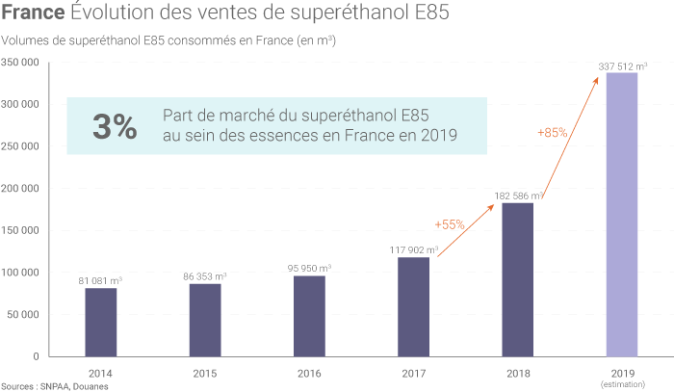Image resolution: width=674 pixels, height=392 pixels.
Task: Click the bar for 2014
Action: [x=101, y=322]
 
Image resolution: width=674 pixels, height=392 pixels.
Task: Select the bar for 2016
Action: [x=309, y=316]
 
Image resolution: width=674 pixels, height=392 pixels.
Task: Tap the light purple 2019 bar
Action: [x=621, y=214]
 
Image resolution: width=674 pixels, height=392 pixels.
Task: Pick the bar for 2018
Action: [x=518, y=279]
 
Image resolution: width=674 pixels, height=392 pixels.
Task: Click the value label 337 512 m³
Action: [x=622, y=65]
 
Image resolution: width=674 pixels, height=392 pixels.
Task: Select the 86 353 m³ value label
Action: [x=205, y=276]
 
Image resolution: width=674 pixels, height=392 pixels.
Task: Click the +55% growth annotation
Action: [x=450, y=224]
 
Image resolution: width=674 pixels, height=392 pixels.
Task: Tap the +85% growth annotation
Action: [x=552, y=132]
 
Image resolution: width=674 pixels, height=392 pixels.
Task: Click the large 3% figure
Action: [x=114, y=126]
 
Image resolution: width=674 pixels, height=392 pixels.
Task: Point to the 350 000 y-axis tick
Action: [x=19, y=63]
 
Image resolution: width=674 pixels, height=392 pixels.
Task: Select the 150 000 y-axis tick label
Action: [x=19, y=230]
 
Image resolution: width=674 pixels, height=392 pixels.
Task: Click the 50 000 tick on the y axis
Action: [x=22, y=314]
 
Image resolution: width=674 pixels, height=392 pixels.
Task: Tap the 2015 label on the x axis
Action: [x=205, y=371]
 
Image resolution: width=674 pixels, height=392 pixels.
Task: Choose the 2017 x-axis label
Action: [x=414, y=371]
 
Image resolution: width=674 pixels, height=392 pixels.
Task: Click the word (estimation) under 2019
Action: [x=621, y=384]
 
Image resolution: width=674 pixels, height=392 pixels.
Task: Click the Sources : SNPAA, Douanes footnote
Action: [x=55, y=385]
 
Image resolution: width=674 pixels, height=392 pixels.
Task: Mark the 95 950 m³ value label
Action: [x=309, y=268]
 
